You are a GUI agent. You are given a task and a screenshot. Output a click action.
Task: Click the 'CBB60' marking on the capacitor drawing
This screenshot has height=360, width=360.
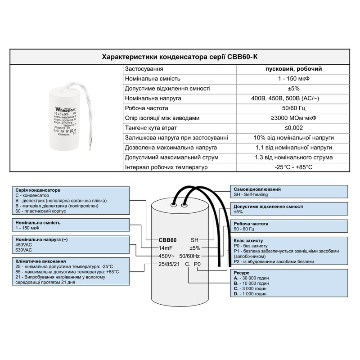pyautogui.click(x=167, y=239)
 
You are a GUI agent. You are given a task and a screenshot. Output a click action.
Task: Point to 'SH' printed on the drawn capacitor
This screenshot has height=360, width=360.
pyautogui.click(x=195, y=239)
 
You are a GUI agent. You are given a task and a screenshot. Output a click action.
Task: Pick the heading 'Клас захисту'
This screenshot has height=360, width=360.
pyautogui.click(x=248, y=241)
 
